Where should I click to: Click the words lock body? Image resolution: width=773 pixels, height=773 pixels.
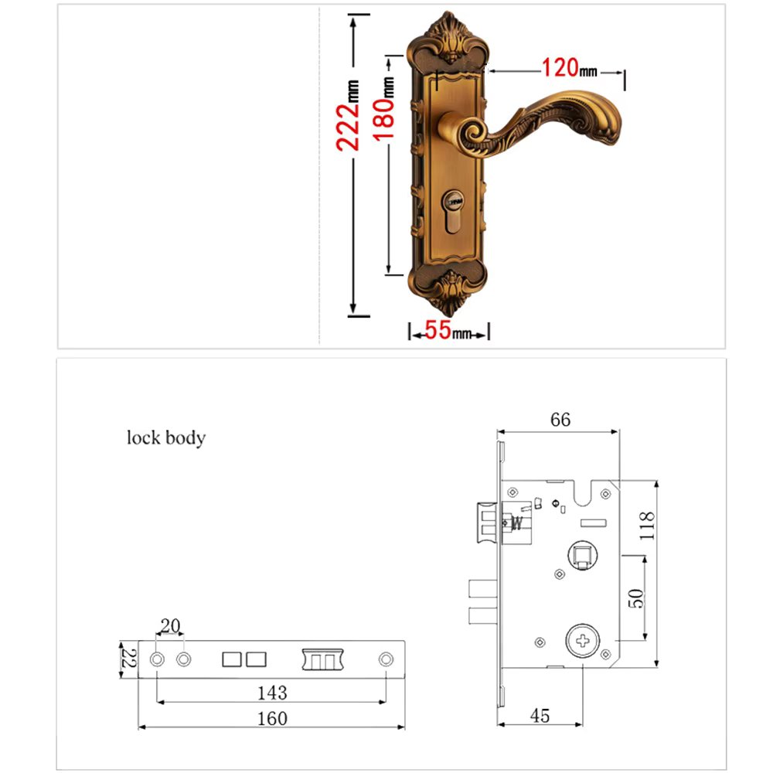point(166,438)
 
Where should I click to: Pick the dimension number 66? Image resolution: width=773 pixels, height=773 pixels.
point(560,419)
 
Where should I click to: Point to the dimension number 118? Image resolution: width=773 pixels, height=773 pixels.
point(648,526)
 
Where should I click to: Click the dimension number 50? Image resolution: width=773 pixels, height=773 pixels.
point(636,597)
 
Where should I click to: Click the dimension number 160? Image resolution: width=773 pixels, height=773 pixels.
point(271,718)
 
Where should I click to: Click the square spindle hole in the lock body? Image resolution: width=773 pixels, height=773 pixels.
point(581,554)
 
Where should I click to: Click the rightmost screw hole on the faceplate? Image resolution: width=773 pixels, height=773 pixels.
point(386,659)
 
